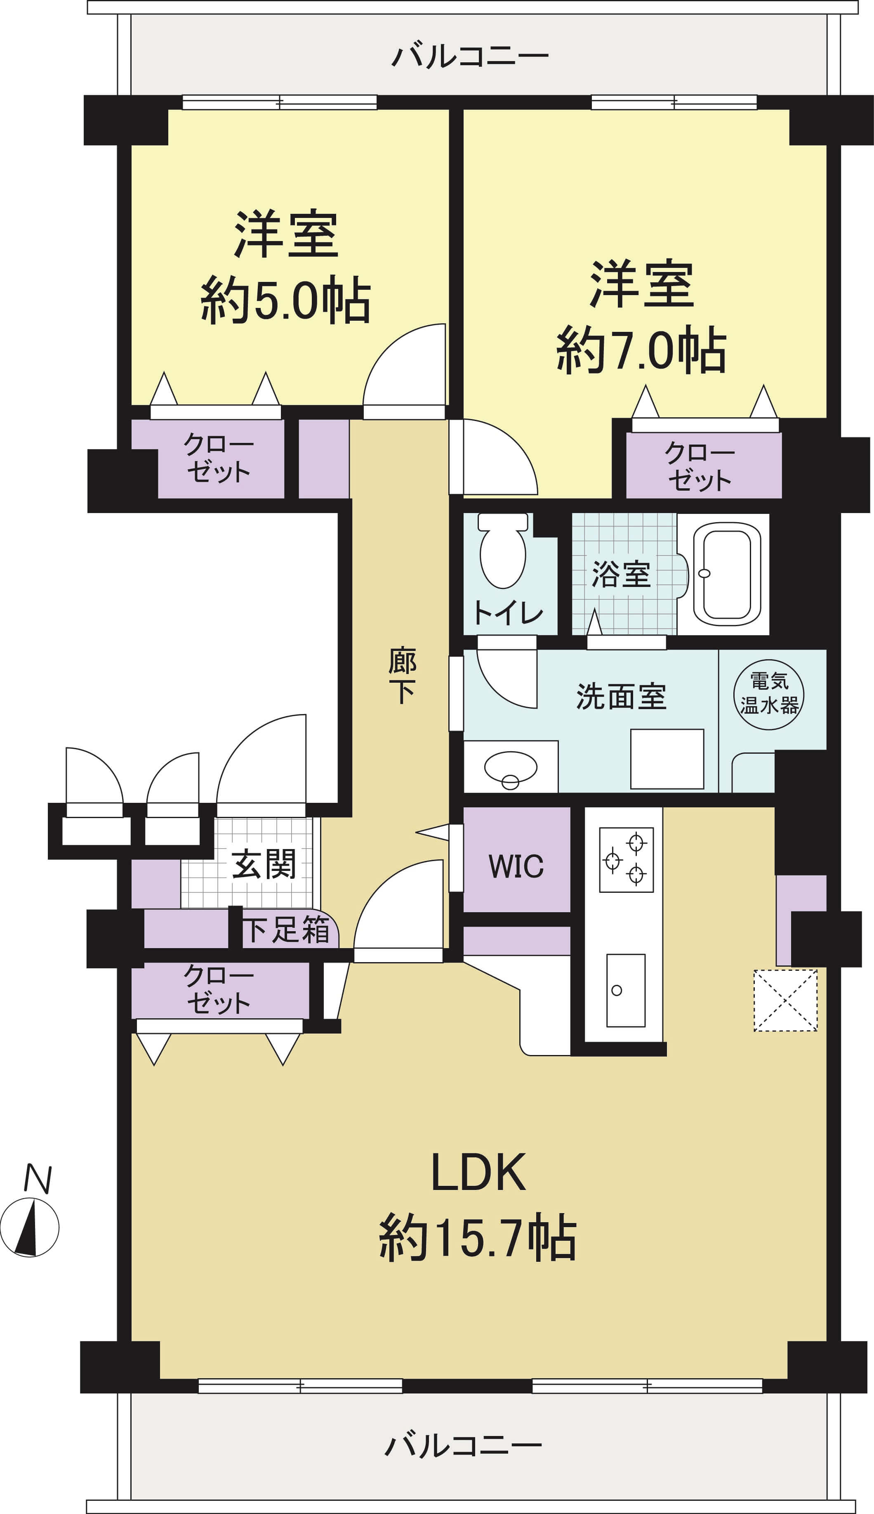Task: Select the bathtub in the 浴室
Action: coord(727,574)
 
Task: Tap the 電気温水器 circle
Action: coord(768,695)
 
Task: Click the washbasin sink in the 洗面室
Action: coord(510,769)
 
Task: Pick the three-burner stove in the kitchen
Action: coord(626,860)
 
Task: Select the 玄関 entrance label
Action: coord(264,864)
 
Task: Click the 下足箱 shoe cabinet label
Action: coord(286,930)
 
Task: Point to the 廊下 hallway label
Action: coord(402,674)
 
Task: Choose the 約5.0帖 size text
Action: coord(285,300)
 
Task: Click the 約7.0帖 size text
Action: coord(641,350)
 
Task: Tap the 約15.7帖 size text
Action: coord(478,1237)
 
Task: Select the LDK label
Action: coord(478,1172)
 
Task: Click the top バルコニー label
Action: coord(470,55)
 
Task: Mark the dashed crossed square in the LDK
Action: coord(785,1000)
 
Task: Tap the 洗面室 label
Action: coord(621,696)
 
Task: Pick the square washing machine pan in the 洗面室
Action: coord(667,759)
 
